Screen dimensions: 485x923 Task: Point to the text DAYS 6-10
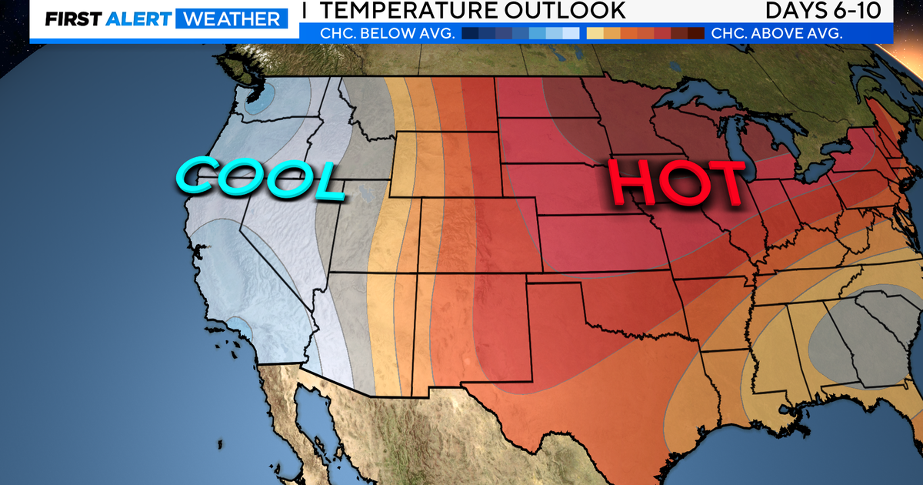click(x=828, y=11)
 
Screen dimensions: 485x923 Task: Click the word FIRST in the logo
click(x=70, y=18)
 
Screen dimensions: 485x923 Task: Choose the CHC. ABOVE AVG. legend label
click(x=777, y=33)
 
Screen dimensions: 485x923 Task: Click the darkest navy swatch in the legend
click(x=470, y=33)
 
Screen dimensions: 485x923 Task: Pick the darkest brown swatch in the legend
click(x=695, y=33)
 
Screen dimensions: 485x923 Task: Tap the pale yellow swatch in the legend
click(x=595, y=33)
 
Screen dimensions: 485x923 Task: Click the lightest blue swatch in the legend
click(x=571, y=33)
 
